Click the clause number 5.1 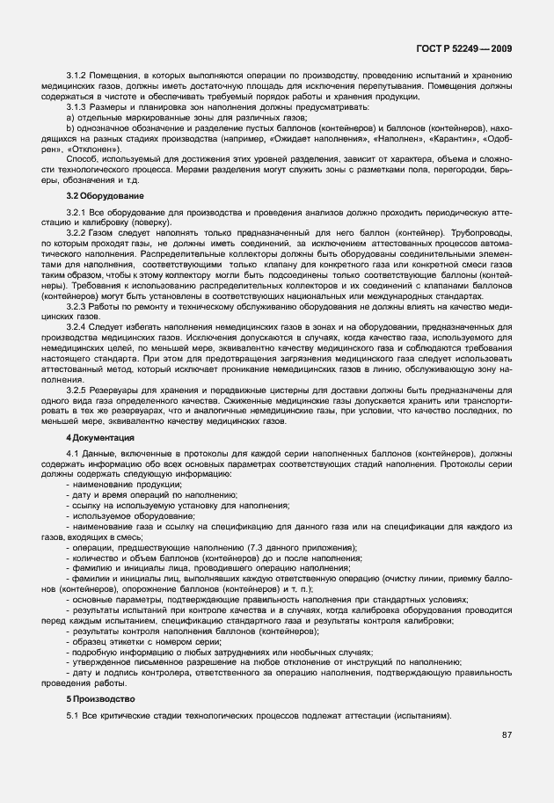73,716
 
